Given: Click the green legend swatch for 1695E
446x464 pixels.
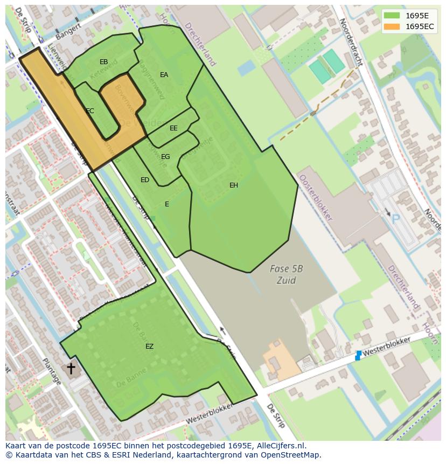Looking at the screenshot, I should click(392, 16).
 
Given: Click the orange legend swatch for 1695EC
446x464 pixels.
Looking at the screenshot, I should click(392, 26).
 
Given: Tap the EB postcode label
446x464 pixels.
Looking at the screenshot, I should click(104, 62).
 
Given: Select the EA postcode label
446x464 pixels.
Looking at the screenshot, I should click(164, 75).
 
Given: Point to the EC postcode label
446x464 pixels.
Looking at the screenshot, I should click(90, 111).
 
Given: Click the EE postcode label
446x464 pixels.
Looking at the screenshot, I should click(173, 128).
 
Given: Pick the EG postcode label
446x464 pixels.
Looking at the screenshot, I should click(165, 157).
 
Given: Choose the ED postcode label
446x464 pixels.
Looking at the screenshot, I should click(145, 180).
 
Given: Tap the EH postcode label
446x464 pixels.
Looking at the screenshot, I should click(234, 185).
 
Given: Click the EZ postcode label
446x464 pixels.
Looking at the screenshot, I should click(149, 347).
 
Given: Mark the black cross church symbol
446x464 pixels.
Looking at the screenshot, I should click(71, 368).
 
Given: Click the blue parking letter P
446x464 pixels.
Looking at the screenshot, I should click(396, 219).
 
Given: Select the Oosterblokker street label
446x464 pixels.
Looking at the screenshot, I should click(316, 198).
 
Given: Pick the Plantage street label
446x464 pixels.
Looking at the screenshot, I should click(52, 371).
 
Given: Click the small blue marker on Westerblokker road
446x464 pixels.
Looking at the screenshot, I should click(358, 355).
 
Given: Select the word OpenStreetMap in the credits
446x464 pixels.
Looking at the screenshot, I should click(291, 455).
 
